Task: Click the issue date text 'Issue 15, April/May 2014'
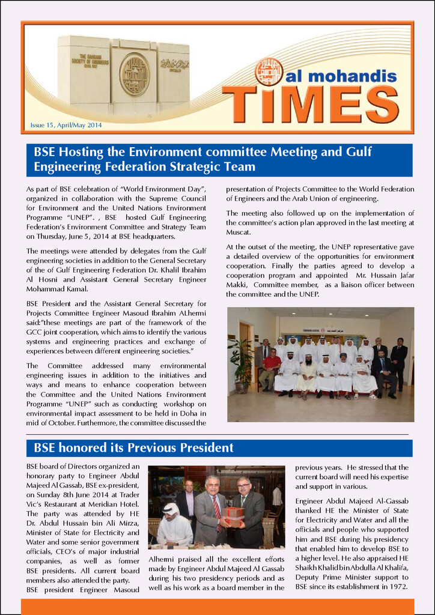(66, 125)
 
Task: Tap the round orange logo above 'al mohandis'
(269, 71)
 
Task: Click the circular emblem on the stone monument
(134, 74)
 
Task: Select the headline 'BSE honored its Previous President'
(133, 447)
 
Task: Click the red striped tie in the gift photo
(216, 507)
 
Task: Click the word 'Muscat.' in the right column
(239, 232)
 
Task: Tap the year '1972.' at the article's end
(396, 586)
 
